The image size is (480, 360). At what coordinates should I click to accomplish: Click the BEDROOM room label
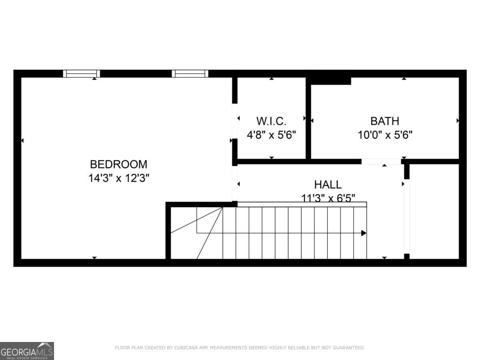click(118, 164)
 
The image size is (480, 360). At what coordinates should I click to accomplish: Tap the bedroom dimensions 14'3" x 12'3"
click(118, 178)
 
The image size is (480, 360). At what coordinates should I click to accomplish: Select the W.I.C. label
click(271, 121)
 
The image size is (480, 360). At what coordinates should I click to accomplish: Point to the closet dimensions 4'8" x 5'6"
click(271, 135)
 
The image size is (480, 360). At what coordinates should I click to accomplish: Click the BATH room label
click(384, 121)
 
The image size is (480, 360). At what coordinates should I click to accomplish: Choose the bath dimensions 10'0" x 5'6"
click(384, 135)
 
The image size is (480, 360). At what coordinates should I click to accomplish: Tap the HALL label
click(328, 184)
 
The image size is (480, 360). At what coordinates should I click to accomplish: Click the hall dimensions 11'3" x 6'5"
click(328, 197)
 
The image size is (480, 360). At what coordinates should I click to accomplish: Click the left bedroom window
click(82, 74)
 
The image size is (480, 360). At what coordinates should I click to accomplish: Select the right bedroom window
click(190, 74)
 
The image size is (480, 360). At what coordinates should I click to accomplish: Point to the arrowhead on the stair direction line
click(364, 233)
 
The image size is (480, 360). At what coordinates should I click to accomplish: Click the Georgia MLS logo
click(27, 351)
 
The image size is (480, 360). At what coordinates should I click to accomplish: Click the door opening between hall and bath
click(381, 162)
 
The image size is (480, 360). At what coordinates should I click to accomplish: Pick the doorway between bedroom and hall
click(235, 183)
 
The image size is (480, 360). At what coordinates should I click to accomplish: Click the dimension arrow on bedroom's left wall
click(22, 140)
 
